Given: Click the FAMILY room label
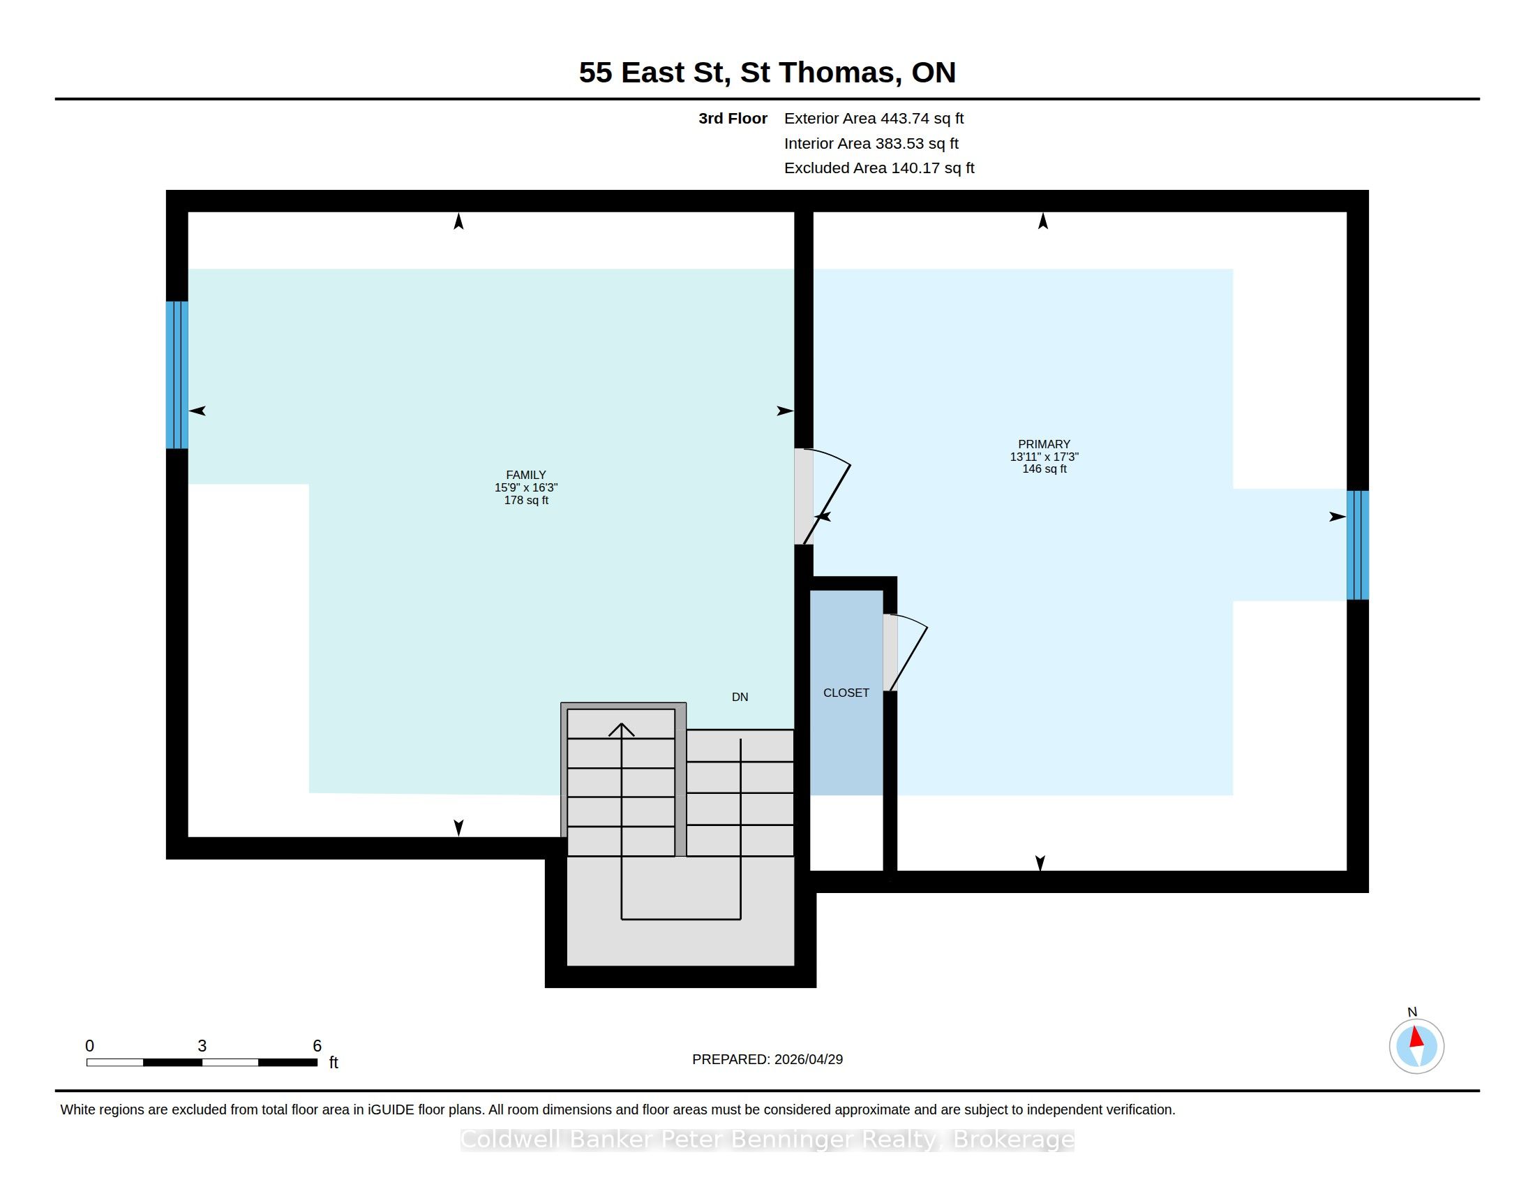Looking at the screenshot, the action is pyautogui.click(x=525, y=475).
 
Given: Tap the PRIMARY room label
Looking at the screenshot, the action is pyautogui.click(x=1044, y=443).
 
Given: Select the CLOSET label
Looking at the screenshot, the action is pyautogui.click(x=846, y=693).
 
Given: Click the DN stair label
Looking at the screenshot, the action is pyautogui.click(x=740, y=697).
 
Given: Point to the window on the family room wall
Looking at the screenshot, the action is pyautogui.click(x=177, y=375).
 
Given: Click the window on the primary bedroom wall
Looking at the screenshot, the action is pyautogui.click(x=1358, y=545).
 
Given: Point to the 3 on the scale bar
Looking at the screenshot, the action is pyautogui.click(x=202, y=1046).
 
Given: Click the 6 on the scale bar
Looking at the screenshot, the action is pyautogui.click(x=317, y=1046).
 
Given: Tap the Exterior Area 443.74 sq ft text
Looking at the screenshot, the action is pyautogui.click(x=874, y=118).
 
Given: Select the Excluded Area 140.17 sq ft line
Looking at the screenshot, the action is pyautogui.click(x=879, y=168).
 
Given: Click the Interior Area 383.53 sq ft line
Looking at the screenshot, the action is pyautogui.click(x=871, y=142).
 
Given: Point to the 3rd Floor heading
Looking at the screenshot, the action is pyautogui.click(x=733, y=118).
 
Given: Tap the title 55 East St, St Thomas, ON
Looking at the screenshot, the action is pyautogui.click(x=767, y=72).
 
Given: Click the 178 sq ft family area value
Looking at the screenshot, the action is pyautogui.click(x=525, y=500).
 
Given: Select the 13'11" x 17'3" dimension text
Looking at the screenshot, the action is pyautogui.click(x=1044, y=457).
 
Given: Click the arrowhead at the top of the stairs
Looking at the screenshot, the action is pyautogui.click(x=621, y=730).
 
